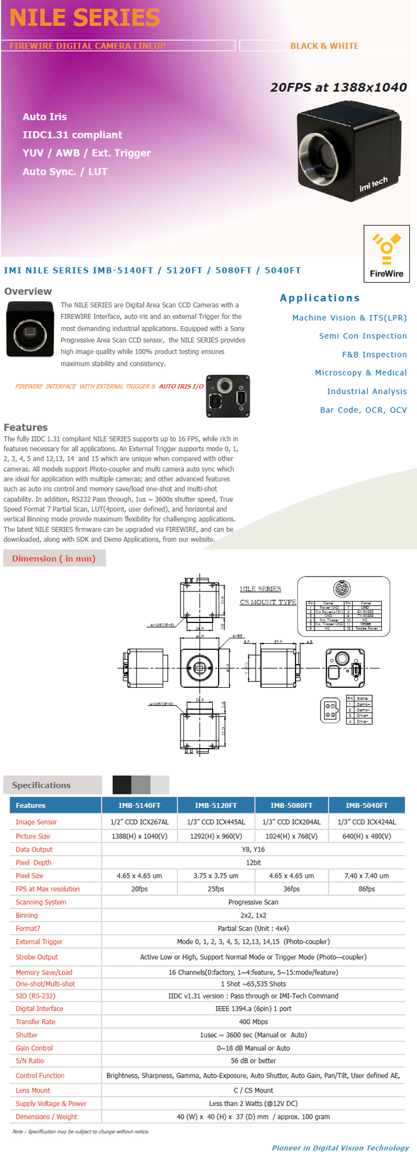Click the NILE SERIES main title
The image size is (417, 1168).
85,18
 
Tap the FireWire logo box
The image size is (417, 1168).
387,253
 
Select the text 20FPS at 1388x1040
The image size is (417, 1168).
338,87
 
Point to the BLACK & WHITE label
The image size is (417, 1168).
325,46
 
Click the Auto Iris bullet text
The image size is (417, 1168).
45,117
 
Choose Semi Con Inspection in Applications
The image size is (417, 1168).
363,336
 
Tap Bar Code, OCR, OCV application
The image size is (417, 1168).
363,410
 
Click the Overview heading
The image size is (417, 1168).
28,291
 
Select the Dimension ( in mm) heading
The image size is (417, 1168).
54,558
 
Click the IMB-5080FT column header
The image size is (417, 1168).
291,805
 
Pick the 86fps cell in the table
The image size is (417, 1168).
367,889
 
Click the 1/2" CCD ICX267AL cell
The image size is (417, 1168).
139,822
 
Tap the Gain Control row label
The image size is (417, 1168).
34,1048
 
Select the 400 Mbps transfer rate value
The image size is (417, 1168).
253,1022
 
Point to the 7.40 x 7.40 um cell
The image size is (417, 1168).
366,876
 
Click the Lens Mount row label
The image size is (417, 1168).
33,1090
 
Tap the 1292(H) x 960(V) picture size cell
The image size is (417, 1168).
216,836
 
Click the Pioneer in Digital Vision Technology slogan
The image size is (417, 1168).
340,1148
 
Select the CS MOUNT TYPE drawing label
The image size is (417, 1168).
268,602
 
